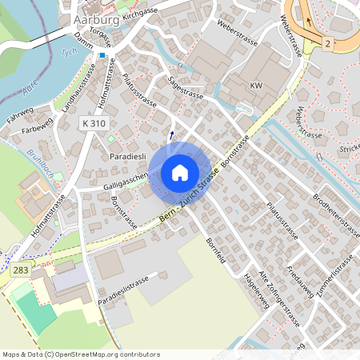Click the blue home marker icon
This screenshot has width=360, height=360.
[x=180, y=172]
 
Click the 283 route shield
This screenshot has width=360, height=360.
[x=22, y=271]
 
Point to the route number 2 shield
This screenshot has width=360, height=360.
[x=328, y=42]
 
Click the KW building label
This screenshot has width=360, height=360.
[x=256, y=85]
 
